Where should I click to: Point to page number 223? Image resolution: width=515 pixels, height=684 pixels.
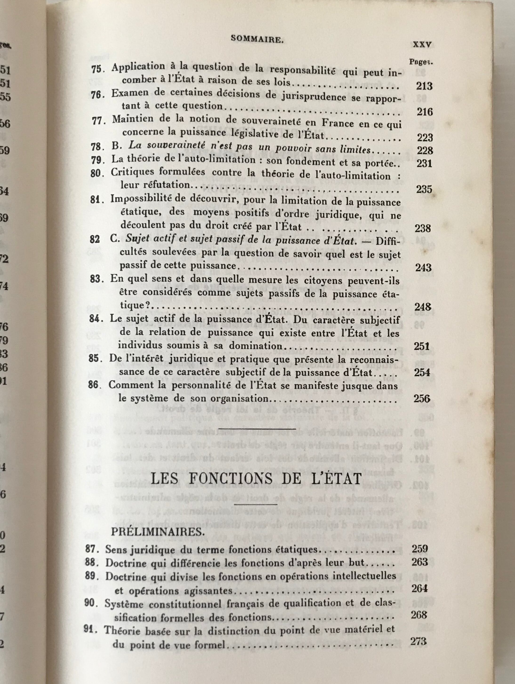point(424,137)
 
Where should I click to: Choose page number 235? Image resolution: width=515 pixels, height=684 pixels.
point(423,189)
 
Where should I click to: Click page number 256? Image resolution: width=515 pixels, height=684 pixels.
point(422,398)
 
